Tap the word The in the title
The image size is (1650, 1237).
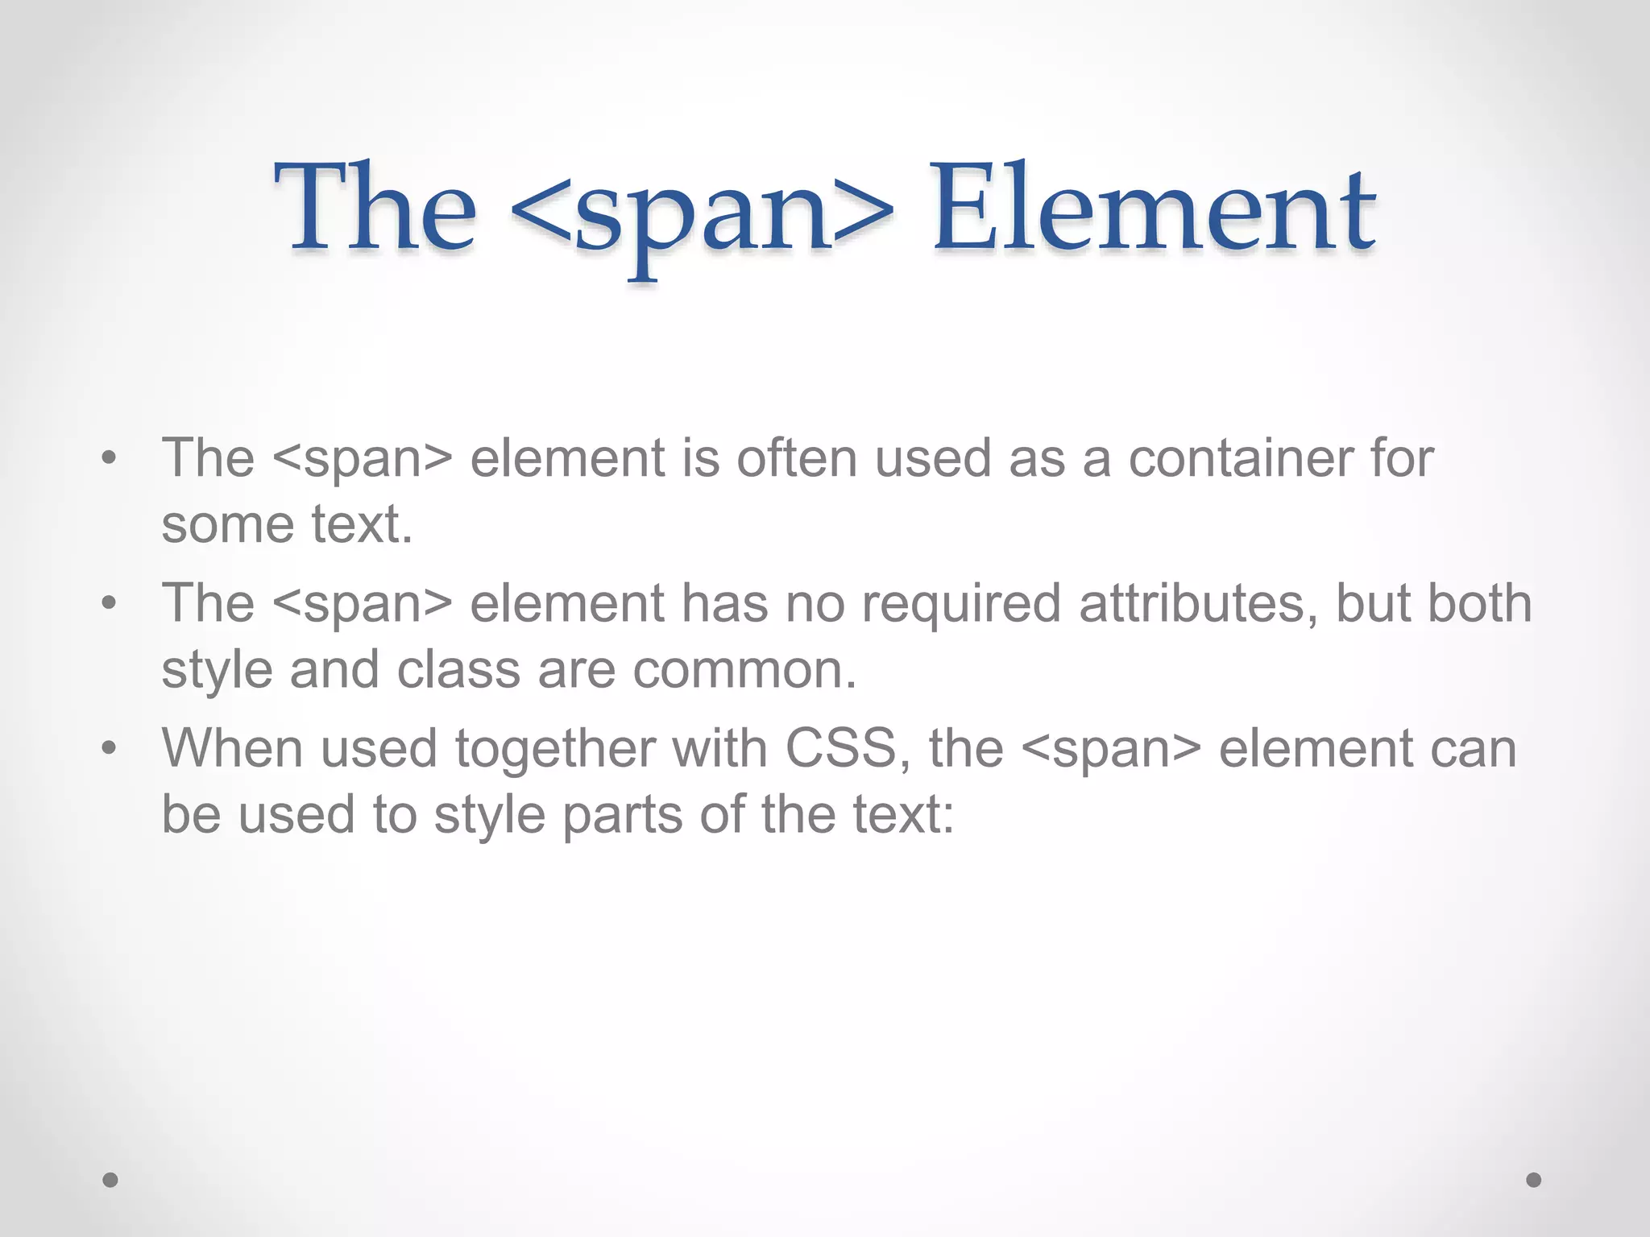tap(375, 208)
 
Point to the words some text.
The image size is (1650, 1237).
tap(287, 524)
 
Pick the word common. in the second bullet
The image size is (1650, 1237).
tap(744, 670)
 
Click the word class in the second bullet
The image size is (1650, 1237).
tap(458, 670)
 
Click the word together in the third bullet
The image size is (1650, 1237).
tap(555, 750)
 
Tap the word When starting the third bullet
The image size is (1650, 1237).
tap(233, 748)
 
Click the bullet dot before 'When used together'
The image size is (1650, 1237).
tap(110, 749)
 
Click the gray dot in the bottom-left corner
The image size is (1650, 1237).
tap(110, 1180)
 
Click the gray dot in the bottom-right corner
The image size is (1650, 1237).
tap(1534, 1180)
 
